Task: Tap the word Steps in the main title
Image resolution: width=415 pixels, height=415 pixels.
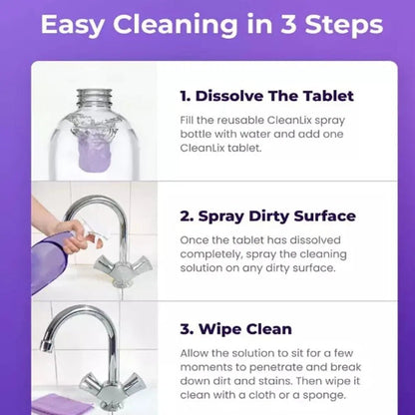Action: tap(337, 25)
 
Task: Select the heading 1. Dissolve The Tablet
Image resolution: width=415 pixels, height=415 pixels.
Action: tap(266, 97)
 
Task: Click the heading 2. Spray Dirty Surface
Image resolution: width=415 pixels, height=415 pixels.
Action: tap(268, 216)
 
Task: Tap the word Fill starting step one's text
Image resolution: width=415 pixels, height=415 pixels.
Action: tap(190, 121)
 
